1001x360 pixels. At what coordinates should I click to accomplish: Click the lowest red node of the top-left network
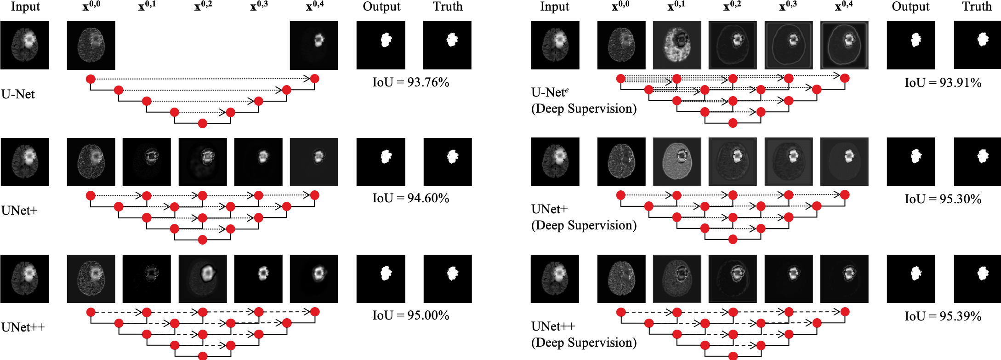pos(202,123)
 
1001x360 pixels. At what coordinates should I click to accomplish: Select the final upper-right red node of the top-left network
pos(314,79)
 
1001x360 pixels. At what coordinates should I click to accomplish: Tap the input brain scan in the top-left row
pos(25,44)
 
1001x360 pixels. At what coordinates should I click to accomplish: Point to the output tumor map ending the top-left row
pos(314,45)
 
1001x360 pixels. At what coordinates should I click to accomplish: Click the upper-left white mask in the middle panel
pos(386,40)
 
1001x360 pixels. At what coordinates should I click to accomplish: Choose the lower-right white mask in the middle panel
pos(452,274)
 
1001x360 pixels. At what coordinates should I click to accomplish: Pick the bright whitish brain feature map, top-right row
pos(677,45)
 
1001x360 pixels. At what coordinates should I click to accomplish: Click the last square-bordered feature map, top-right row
pos(844,45)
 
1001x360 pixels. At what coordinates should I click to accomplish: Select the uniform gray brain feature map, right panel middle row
pos(677,161)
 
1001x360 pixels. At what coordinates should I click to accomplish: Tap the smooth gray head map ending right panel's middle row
pos(844,161)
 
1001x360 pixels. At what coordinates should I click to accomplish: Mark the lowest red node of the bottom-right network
pos(733,356)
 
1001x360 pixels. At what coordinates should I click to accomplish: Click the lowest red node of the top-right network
pos(733,123)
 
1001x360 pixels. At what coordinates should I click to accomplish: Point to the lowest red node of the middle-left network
pos(202,240)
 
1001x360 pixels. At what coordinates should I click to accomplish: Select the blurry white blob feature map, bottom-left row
pos(203,278)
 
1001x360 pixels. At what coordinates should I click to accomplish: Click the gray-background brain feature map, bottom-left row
pos(91,278)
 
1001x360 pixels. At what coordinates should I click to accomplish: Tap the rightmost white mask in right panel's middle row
pos(982,156)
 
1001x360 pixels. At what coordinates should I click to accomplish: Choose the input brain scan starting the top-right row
pos(555,45)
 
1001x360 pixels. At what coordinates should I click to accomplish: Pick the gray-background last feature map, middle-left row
pos(314,161)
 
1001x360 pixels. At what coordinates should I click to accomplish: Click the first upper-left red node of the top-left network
pos(91,79)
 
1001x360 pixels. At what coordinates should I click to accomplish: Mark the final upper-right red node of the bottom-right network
pos(845,312)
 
